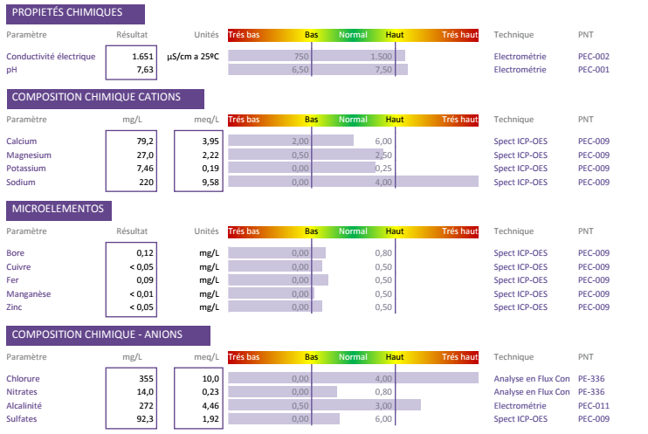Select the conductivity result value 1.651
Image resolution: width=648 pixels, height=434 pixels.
coord(142,56)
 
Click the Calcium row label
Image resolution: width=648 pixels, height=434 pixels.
coord(22,141)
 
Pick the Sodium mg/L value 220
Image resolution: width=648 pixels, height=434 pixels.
coord(146,182)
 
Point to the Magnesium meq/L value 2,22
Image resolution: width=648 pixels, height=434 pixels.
coord(210,155)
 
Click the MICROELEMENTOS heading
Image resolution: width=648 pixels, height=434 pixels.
coord(58,210)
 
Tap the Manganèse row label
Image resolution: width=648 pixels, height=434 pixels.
coord(29,293)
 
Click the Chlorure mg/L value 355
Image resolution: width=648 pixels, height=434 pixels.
coord(146,378)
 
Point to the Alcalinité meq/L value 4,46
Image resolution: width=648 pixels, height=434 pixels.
coord(210,405)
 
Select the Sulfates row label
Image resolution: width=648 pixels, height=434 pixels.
coord(24,419)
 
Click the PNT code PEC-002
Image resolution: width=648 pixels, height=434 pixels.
coord(593,56)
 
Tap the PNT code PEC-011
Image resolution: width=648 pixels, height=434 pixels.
coord(593,405)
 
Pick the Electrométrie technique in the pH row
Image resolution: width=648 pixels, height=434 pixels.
coord(520,69)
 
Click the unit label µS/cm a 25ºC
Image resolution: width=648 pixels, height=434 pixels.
coord(192,56)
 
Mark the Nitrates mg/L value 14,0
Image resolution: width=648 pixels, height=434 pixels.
coord(144,392)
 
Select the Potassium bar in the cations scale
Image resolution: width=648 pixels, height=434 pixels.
coord(301,168)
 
